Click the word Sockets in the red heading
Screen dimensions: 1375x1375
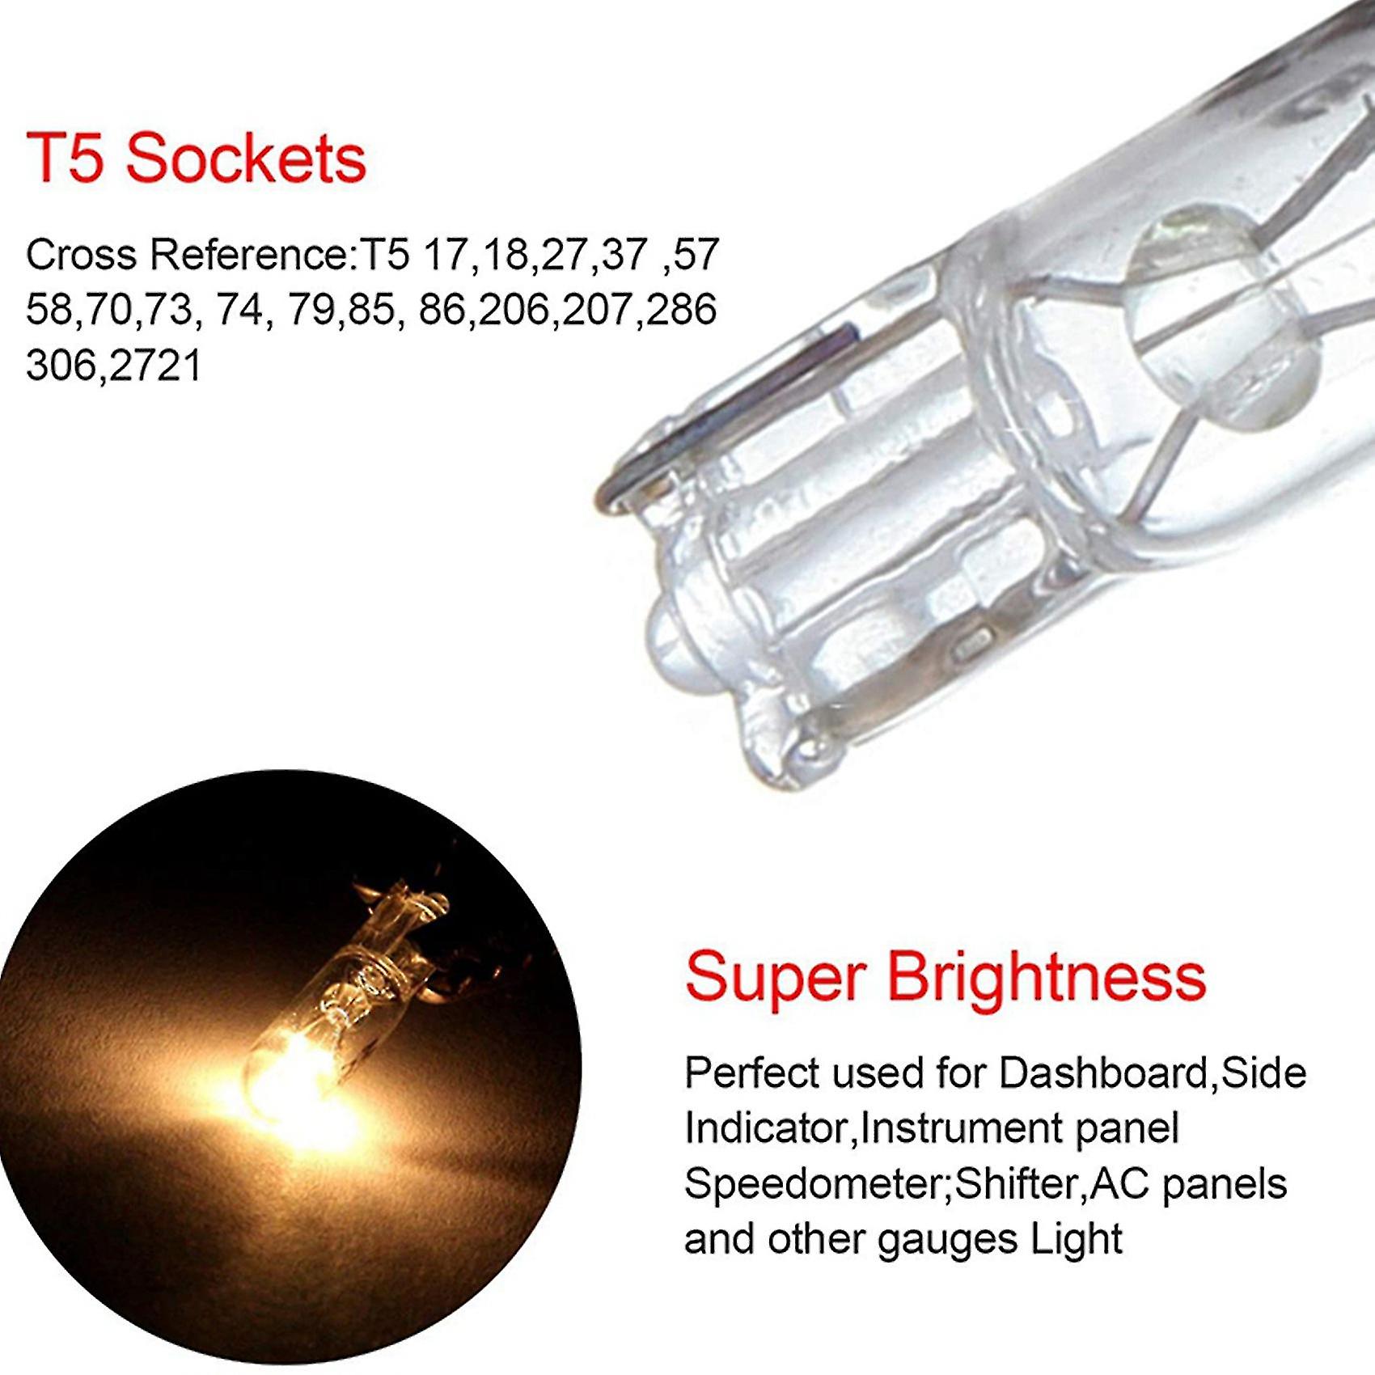tap(246, 158)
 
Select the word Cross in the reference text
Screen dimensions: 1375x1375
tap(81, 255)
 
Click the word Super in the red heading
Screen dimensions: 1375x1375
tap(775, 979)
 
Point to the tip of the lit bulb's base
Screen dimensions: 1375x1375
tap(404, 898)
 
